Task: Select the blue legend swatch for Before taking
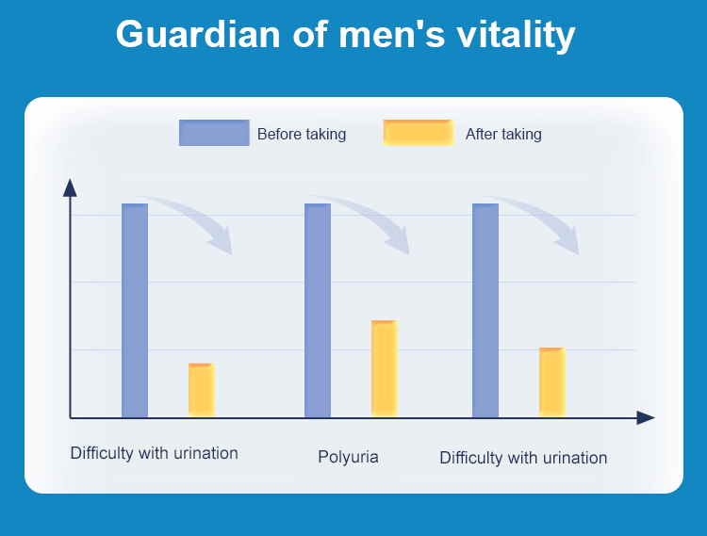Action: pyautogui.click(x=214, y=133)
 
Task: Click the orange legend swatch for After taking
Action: pyautogui.click(x=418, y=133)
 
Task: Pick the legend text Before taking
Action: pyautogui.click(x=302, y=134)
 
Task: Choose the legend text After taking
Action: pyautogui.click(x=503, y=134)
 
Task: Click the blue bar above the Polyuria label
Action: pyautogui.click(x=318, y=310)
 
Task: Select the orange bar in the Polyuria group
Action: pyautogui.click(x=384, y=368)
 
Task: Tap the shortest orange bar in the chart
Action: pyautogui.click(x=201, y=390)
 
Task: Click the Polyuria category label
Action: pyautogui.click(x=348, y=457)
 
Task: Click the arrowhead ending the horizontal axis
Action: pyautogui.click(x=646, y=417)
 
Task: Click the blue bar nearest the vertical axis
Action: pyautogui.click(x=135, y=310)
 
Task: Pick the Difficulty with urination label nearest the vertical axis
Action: pyautogui.click(x=154, y=453)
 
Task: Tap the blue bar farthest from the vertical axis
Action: pyautogui.click(x=485, y=310)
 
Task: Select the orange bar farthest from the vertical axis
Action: pyautogui.click(x=551, y=382)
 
